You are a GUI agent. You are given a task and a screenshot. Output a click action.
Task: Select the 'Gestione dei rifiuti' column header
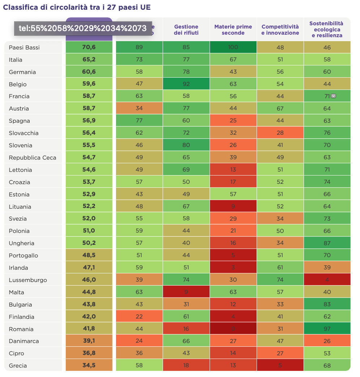[186, 30]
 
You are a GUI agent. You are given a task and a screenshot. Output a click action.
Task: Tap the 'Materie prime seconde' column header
[233, 30]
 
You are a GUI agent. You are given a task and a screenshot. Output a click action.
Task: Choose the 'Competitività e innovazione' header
[280, 30]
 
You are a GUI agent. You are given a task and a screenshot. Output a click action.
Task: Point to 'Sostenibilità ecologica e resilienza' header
[327, 29]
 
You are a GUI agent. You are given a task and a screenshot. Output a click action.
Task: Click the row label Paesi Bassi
[24, 47]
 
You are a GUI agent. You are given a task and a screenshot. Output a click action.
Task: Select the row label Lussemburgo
[28, 280]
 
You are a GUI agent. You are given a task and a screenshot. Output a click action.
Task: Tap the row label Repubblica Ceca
[33, 157]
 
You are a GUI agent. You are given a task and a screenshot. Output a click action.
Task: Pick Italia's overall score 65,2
[89, 60]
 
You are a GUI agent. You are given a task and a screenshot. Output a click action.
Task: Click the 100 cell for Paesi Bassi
[233, 47]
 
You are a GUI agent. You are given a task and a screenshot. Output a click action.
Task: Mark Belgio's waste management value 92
[186, 84]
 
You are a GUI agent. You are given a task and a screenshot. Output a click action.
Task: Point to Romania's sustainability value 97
[327, 329]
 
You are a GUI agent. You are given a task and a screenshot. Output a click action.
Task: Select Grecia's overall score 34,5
[89, 365]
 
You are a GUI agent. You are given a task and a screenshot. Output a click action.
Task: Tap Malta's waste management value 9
[186, 292]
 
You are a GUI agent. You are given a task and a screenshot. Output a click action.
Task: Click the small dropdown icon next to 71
[334, 96]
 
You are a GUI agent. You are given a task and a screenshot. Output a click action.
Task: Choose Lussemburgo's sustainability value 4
[327, 280]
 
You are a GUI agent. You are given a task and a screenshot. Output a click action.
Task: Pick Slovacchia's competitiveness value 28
[280, 133]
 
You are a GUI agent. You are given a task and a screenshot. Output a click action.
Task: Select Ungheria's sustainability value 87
[327, 243]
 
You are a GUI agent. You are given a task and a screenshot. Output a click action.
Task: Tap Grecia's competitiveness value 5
[280, 365]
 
